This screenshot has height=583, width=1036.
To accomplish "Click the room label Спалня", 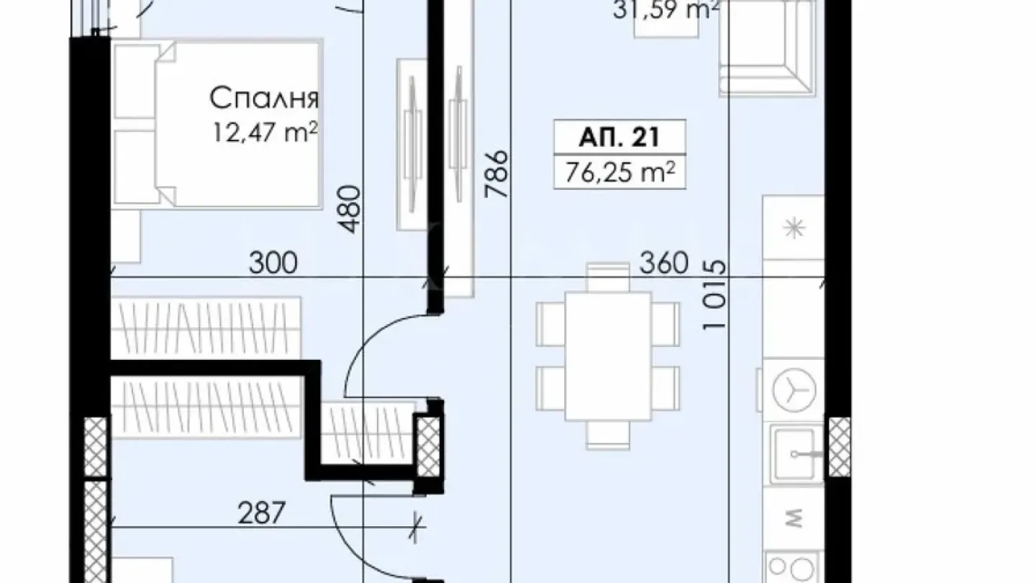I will pos(265,97).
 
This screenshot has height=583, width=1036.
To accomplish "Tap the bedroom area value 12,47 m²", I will pos(265,133).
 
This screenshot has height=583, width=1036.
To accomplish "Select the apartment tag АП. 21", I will pos(619,137).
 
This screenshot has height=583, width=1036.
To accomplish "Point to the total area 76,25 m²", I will pos(619,173).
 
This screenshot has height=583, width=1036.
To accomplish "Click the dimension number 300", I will pos(273,263).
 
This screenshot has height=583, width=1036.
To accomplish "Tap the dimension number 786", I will pos(498,174).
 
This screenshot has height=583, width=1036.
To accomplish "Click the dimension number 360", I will pos(664,263).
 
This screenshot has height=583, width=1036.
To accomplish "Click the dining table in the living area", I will pos(608,356).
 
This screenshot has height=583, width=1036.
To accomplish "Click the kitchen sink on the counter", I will pos(795,453).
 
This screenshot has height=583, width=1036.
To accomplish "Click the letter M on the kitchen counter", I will pos(794,516).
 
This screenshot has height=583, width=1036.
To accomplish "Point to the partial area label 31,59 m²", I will pos(666,10).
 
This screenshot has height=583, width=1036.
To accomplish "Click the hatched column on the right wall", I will pos(839,447).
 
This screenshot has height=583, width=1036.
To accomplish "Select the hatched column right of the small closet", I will pos(429,446).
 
